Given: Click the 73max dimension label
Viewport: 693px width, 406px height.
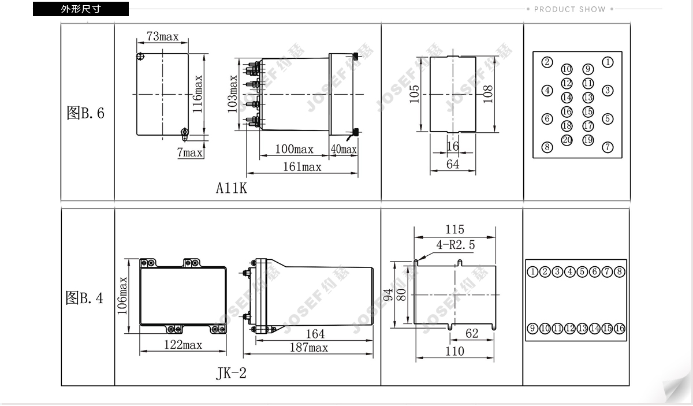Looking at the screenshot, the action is point(163,36).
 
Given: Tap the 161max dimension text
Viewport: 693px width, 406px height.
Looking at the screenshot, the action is point(302,167).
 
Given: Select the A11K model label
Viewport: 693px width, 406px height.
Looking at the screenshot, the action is point(232,188).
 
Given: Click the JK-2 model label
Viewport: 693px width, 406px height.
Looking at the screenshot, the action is point(231,373).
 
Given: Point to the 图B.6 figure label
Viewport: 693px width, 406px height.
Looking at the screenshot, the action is point(85,113).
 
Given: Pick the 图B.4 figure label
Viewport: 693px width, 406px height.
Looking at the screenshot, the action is point(84,298).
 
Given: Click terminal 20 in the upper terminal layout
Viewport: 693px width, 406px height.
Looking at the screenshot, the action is point(567,140).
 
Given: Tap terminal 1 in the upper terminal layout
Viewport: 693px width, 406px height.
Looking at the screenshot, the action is point(608,62).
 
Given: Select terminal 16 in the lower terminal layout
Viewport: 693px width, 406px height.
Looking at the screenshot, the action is point(619,329).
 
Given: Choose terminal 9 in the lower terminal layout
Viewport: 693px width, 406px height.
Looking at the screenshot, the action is point(532,329).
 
